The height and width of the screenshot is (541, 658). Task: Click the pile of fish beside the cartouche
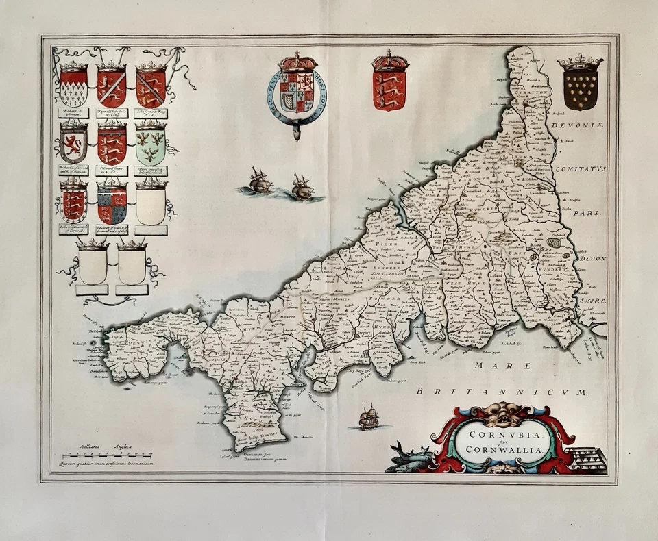[x=410, y=457]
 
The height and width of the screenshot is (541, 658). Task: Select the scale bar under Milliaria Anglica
[x=107, y=455]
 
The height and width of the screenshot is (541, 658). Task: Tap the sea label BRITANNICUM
[x=503, y=392]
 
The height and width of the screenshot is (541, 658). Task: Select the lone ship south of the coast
[x=369, y=417]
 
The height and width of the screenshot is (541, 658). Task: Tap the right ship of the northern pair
[x=302, y=187]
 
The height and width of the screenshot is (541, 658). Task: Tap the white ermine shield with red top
[x=73, y=86]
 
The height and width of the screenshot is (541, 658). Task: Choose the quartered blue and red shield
[x=112, y=204]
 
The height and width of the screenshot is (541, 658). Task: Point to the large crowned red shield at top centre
[x=389, y=86]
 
